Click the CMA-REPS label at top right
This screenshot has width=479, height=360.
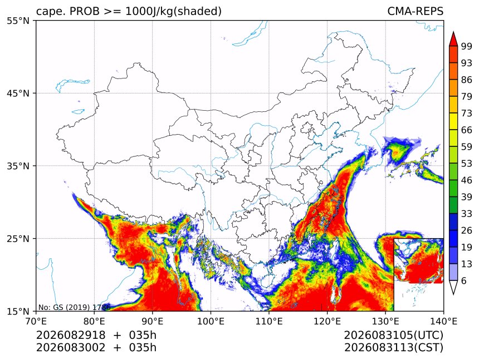[x=415, y=11]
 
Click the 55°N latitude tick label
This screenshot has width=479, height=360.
[x=18, y=21]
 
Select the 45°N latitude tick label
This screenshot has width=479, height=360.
[x=18, y=93]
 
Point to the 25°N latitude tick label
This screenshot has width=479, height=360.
[x=18, y=239]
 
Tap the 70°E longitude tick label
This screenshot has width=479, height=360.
[x=36, y=321]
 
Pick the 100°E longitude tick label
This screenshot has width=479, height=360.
[x=211, y=321]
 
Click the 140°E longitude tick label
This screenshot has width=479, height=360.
[x=443, y=321]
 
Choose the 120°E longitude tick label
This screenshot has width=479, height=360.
[x=327, y=321]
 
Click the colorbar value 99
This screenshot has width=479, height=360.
[x=467, y=46]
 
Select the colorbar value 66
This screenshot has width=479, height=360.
[x=467, y=130]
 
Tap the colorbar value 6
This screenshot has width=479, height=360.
[x=464, y=280]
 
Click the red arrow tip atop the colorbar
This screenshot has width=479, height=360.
[x=453, y=32]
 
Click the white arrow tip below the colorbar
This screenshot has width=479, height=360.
[x=453, y=294]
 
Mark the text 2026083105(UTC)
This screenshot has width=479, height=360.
[x=393, y=336]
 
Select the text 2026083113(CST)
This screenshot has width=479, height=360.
[x=393, y=348]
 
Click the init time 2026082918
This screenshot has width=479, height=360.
[x=71, y=335]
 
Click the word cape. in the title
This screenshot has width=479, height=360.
[x=51, y=12]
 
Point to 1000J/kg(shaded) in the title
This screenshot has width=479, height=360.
[x=174, y=11]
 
